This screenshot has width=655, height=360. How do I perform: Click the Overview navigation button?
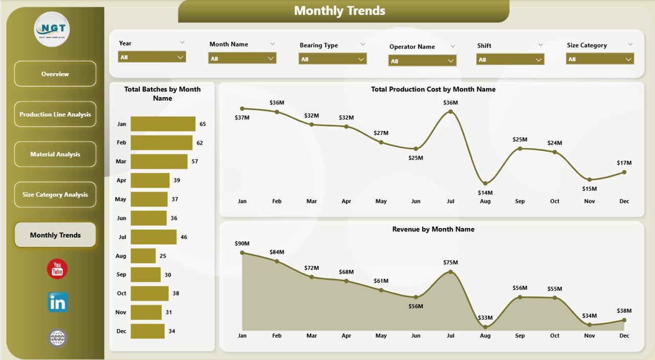tap(55, 74)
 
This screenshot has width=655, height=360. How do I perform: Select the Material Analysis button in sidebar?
tap(55, 154)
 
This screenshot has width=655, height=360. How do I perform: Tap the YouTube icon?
tap(57, 269)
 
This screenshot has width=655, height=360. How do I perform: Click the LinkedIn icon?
tap(57, 303)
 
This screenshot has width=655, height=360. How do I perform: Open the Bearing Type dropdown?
tap(333, 59)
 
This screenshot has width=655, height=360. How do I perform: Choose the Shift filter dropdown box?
tap(510, 60)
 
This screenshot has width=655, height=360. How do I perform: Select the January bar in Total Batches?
tap(163, 124)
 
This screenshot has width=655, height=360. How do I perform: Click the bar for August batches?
tap(143, 256)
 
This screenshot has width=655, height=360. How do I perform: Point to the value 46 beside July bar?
tap(184, 237)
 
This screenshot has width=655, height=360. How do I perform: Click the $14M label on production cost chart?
tap(485, 193)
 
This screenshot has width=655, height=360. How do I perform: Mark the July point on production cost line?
tap(450, 111)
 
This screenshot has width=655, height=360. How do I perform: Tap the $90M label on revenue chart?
tap(242, 243)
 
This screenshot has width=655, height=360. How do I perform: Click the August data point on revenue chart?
tap(485, 327)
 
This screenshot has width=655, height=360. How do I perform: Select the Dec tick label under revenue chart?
tap(624, 336)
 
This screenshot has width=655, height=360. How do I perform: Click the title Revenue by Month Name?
tap(433, 229)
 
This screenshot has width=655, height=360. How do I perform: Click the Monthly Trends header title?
tap(340, 11)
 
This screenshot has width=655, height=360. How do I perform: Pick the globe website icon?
tap(57, 338)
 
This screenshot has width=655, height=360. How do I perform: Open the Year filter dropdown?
tap(152, 57)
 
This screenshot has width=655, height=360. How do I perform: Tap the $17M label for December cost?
tap(624, 163)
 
